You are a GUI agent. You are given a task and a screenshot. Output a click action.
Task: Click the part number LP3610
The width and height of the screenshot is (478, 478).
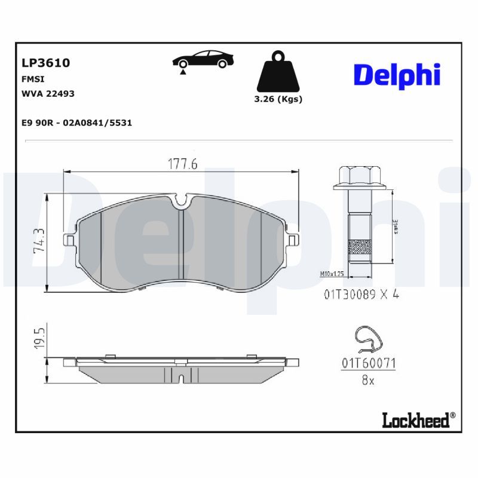point(46,63)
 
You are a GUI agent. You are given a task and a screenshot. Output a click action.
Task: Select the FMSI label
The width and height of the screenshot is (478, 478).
point(32,79)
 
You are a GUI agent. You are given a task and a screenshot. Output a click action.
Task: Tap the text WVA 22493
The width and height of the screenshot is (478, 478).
point(48,94)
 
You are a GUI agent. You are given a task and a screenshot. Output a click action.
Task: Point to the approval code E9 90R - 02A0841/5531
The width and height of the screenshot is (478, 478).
point(76,122)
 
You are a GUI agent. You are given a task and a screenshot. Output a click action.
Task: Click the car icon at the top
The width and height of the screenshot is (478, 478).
point(203,60)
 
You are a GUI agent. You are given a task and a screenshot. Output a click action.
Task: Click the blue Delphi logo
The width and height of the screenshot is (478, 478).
point(397,75)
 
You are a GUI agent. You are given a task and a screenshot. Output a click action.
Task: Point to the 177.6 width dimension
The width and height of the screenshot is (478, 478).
point(182,164)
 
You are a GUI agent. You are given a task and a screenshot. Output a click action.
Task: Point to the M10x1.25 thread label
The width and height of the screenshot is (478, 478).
point(333,274)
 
